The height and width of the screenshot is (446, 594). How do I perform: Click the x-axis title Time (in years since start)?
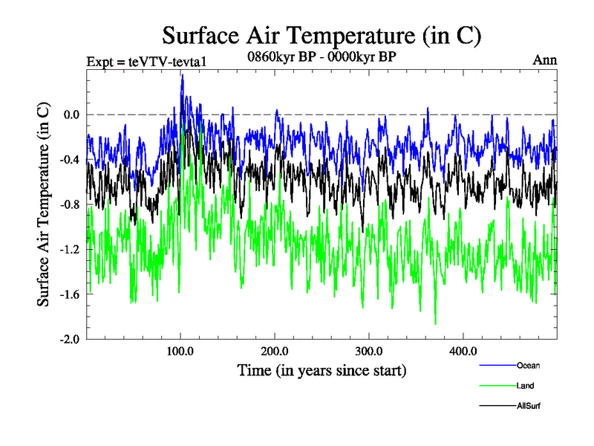[322, 369]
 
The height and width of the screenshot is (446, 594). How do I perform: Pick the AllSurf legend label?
[529, 406]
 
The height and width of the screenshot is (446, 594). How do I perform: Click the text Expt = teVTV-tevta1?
[146, 61]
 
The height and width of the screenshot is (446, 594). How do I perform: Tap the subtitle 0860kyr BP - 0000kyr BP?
[322, 56]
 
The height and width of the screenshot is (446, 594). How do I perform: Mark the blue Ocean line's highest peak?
[182, 75]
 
